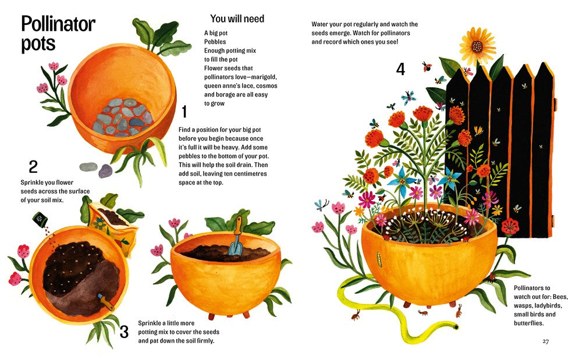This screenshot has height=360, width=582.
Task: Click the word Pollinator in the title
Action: click(x=58, y=24)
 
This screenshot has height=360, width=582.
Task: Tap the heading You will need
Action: click(x=237, y=19)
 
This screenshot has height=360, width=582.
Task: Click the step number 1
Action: click(x=184, y=112)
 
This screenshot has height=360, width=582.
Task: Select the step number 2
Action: click(x=33, y=167)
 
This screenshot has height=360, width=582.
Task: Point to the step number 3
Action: click(x=124, y=332)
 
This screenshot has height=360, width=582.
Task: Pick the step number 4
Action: click(x=400, y=69)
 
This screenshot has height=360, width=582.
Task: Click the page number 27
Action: click(x=546, y=341)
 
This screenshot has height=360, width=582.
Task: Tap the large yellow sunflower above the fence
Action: click(x=477, y=47)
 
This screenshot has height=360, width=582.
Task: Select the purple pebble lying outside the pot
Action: click(x=105, y=171)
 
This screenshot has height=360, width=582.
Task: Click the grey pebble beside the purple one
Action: click(x=88, y=167)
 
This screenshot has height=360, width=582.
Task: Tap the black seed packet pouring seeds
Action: click(x=40, y=219)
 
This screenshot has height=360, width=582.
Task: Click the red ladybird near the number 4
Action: click(x=427, y=67)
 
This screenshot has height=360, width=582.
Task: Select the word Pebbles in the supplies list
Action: click(x=215, y=42)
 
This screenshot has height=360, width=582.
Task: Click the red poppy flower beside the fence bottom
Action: click(x=510, y=226)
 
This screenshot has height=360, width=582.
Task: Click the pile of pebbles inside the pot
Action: click(x=122, y=117)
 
